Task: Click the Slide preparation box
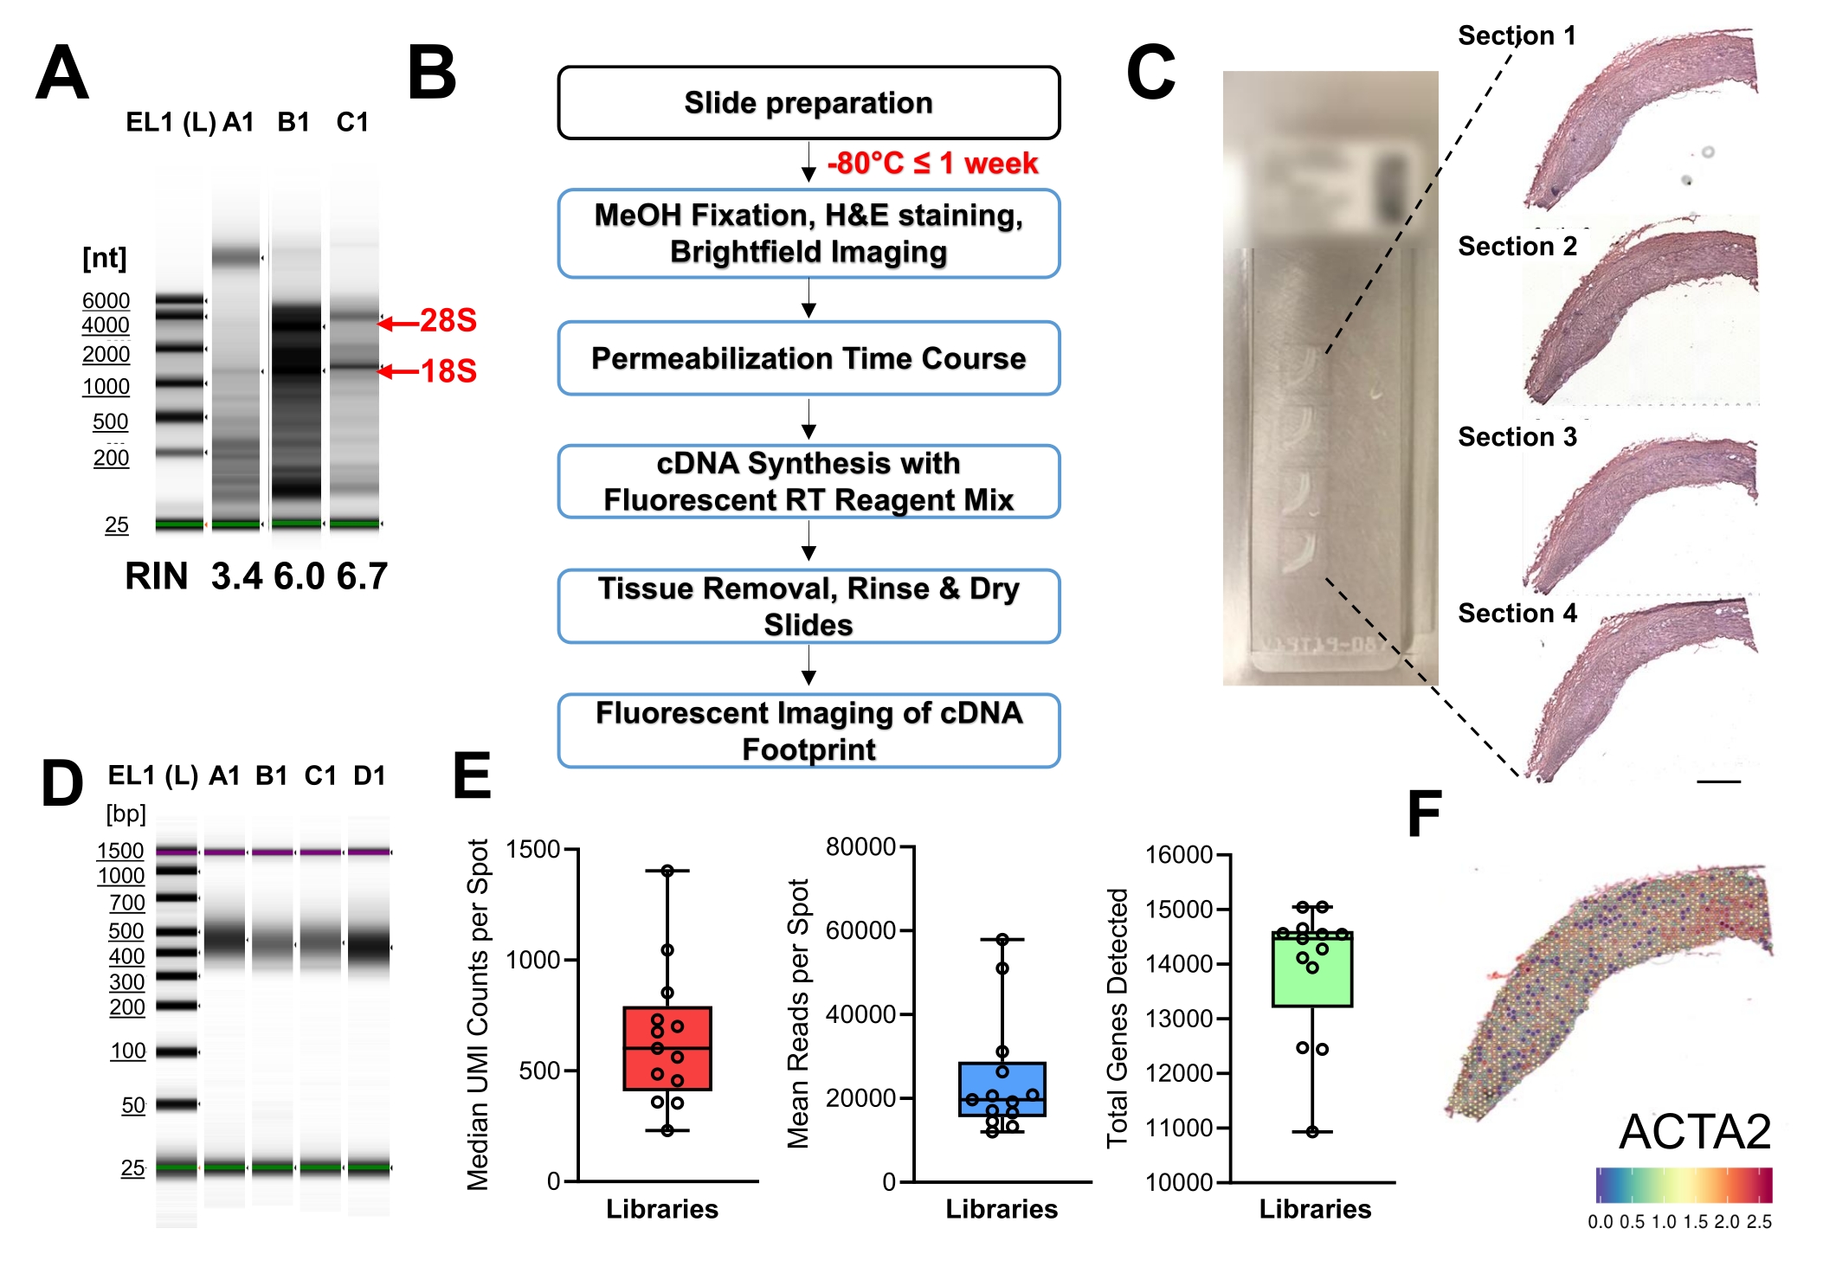click(808, 103)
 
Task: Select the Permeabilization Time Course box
click(808, 358)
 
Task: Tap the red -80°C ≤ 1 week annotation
click(931, 163)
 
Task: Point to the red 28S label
click(448, 320)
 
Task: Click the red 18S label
click(448, 371)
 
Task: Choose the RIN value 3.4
click(236, 576)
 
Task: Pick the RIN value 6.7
click(362, 576)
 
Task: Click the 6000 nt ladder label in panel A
click(106, 300)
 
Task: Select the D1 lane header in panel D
click(370, 775)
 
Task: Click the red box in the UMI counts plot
click(667, 1048)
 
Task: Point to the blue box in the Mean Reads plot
click(1002, 1089)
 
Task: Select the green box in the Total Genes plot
click(1312, 969)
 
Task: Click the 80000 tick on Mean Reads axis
click(860, 846)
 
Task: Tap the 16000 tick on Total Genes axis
click(1179, 855)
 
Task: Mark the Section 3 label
click(1517, 437)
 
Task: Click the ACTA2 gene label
click(1695, 1131)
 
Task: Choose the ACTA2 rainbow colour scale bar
click(1684, 1185)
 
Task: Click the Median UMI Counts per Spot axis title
click(478, 1014)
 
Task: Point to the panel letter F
click(1424, 814)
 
